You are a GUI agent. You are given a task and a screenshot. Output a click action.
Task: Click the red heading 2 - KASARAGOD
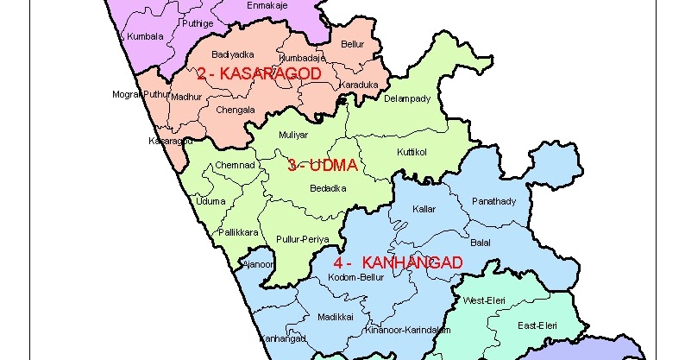(259, 74)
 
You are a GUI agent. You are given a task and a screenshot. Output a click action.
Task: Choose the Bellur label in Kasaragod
(353, 42)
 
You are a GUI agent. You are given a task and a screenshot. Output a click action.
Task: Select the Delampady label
(407, 98)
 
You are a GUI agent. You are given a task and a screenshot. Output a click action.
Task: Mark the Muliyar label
(292, 136)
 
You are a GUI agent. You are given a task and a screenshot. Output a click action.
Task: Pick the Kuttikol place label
(412, 152)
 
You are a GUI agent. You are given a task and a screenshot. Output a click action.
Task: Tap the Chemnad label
(235, 164)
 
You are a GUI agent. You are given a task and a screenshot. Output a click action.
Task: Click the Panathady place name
(493, 201)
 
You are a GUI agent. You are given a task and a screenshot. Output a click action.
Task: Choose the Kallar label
(424, 210)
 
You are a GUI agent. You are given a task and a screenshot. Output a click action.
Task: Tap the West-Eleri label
(484, 300)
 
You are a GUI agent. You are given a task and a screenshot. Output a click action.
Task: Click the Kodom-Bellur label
(356, 277)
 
